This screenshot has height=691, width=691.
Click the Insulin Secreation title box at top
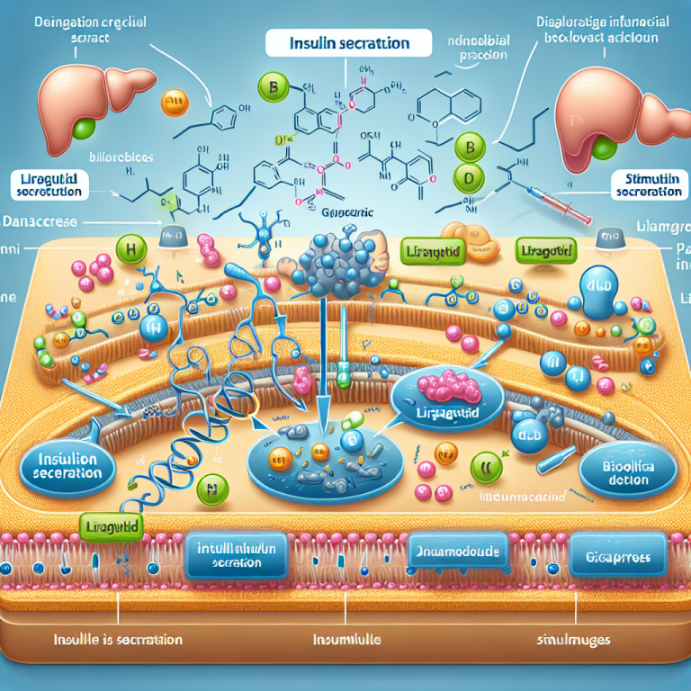(x=348, y=43)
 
